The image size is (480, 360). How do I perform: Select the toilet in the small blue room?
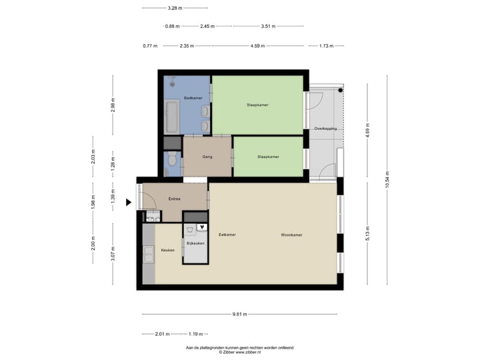click(173, 160)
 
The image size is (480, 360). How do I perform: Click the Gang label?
click(207, 157)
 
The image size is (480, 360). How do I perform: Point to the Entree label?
click(175, 199)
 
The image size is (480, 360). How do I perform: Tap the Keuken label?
click(167, 250)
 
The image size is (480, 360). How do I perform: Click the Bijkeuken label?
click(195, 243)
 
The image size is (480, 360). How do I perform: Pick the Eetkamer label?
click(227, 235)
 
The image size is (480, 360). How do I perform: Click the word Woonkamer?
click(291, 235)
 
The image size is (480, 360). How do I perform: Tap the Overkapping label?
click(325, 128)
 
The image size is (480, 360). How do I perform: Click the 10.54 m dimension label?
click(387, 180)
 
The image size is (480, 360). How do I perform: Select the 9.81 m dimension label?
click(240, 314)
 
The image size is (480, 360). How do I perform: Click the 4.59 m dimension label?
click(258, 46)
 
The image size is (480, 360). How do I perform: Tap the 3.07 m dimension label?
click(113, 252)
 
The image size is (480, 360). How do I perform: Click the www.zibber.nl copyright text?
click(240, 351)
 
